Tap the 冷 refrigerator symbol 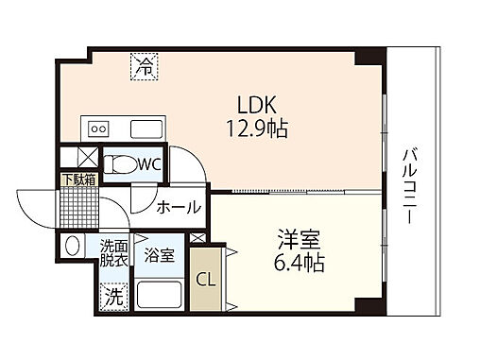[x=144, y=66]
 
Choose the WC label [x=149, y=163]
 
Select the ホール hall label [x=178, y=207]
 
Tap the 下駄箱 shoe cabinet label [x=78, y=179]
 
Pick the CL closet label [x=203, y=280]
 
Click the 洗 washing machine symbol [x=112, y=296]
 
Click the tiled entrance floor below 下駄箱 [x=79, y=203]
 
